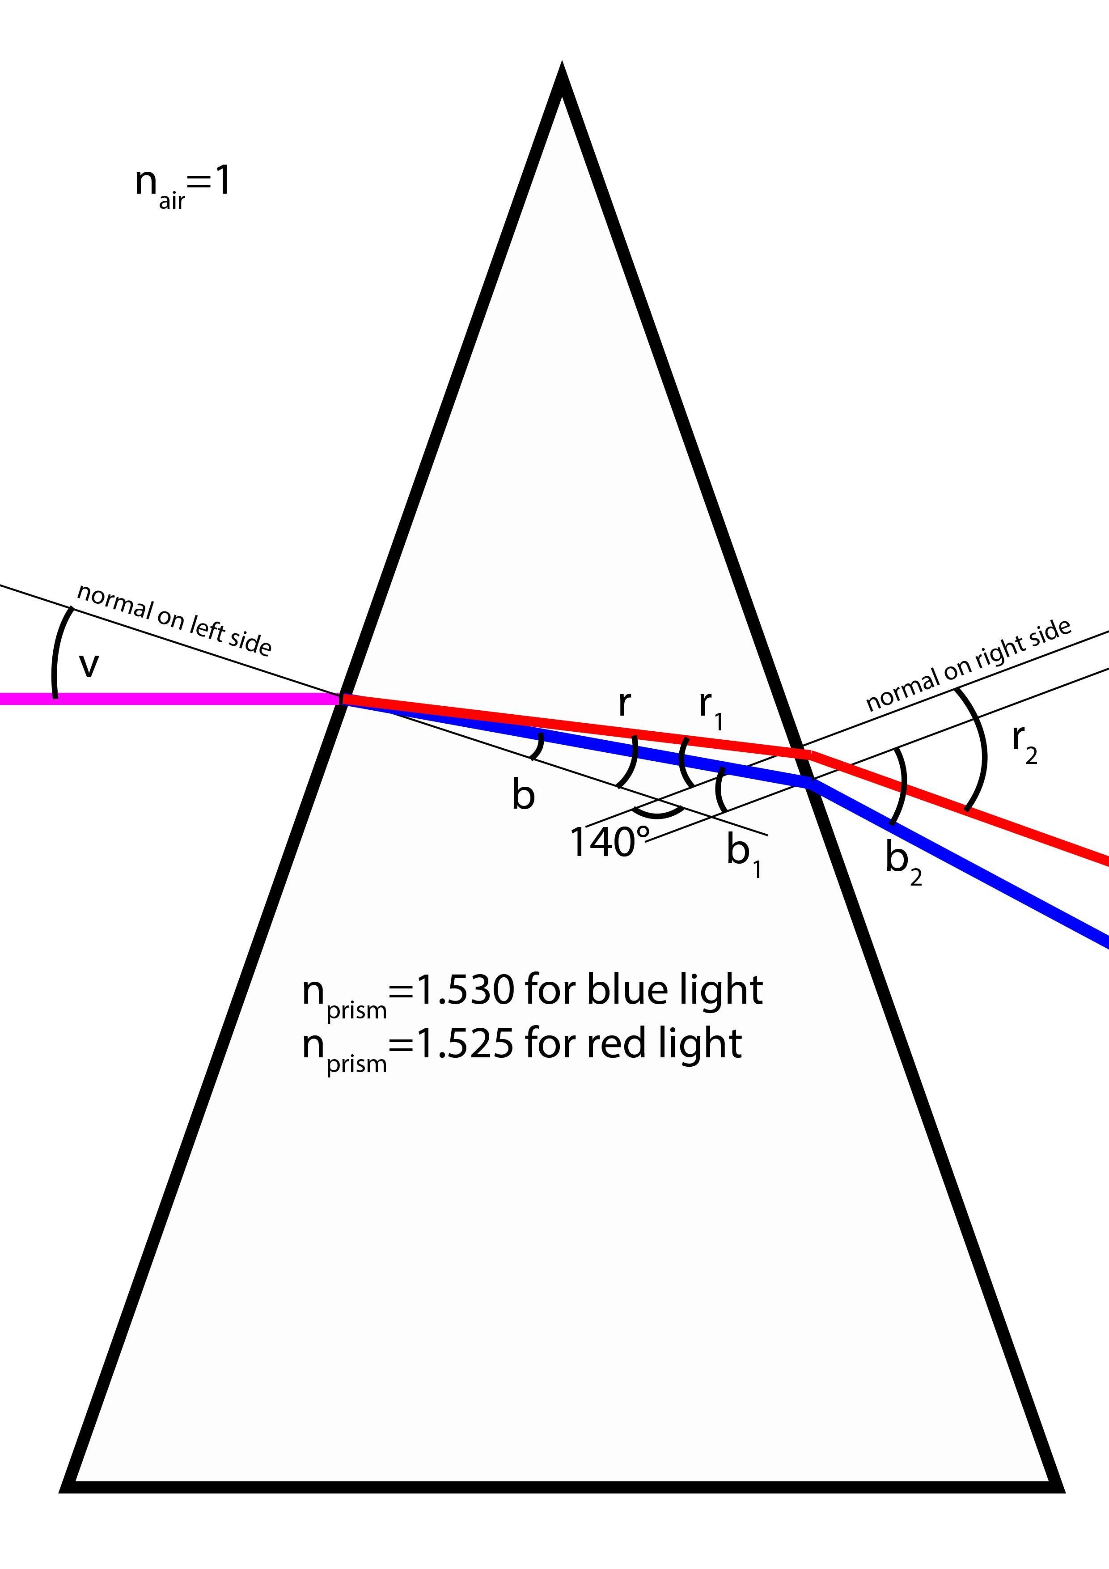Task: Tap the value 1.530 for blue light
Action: pos(465,990)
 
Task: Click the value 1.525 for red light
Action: pos(465,1043)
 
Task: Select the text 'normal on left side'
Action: pos(174,619)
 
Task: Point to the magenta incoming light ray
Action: pos(171,698)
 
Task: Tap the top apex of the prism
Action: pos(562,68)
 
